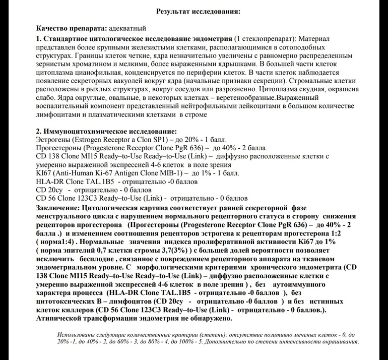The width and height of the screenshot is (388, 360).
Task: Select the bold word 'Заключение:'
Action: [x=57, y=207]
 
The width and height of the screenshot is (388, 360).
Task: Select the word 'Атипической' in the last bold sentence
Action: [x=62, y=318]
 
